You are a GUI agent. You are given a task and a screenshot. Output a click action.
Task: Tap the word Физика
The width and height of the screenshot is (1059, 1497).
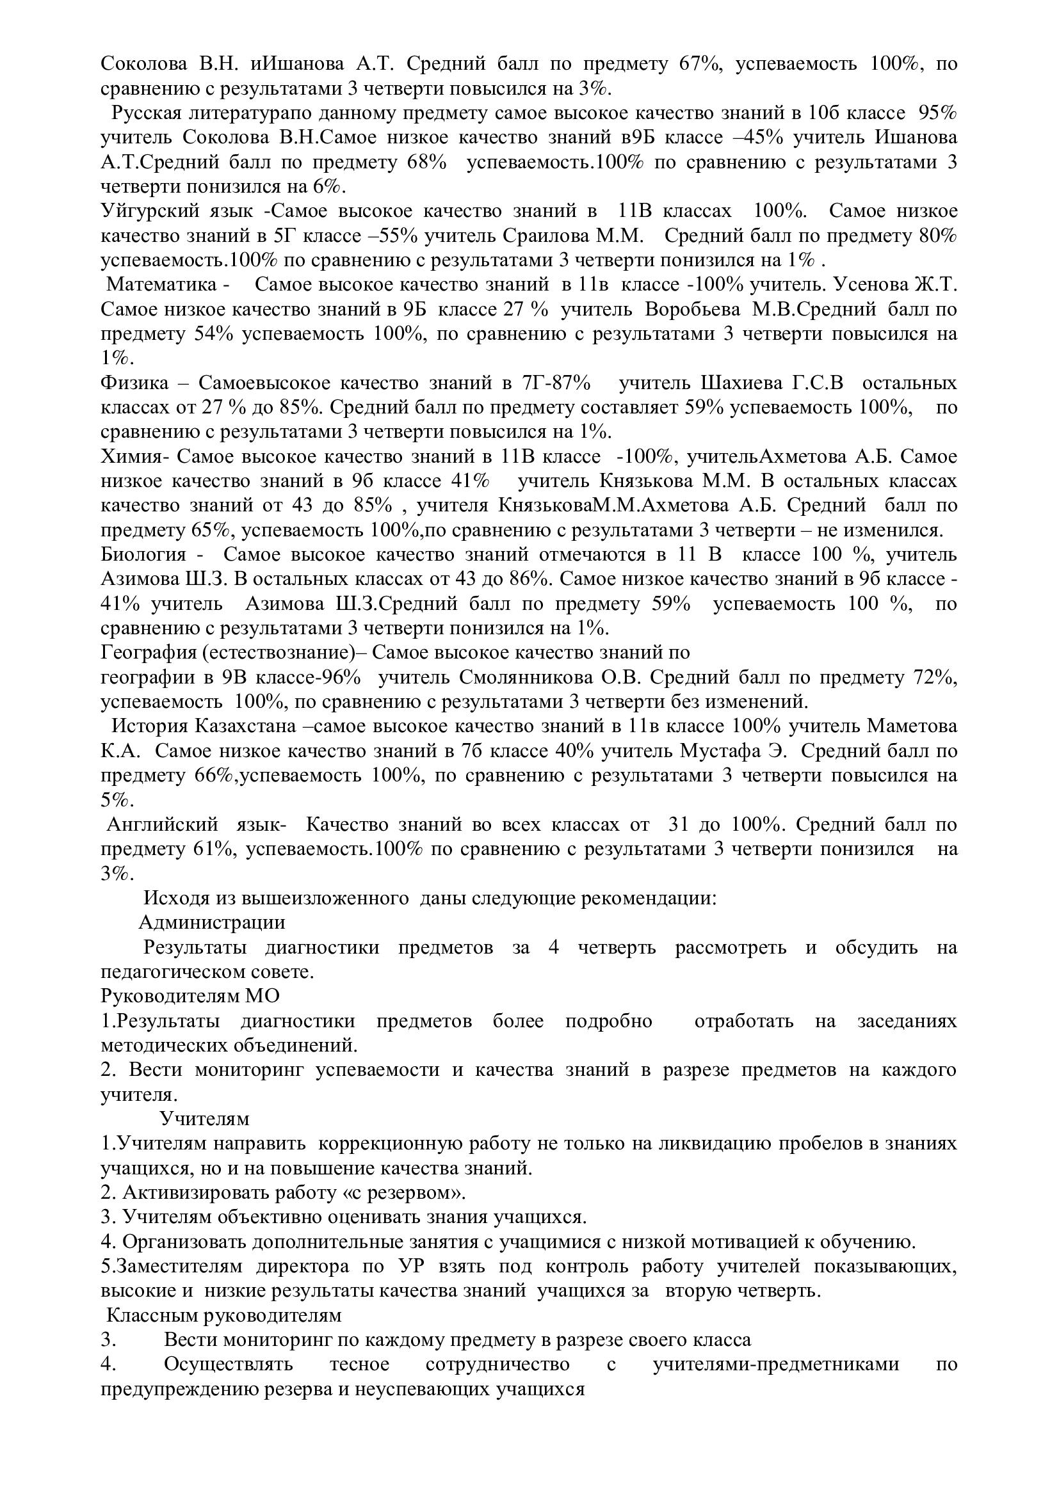tap(134, 383)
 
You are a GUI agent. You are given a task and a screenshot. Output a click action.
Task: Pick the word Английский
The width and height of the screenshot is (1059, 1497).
tap(163, 825)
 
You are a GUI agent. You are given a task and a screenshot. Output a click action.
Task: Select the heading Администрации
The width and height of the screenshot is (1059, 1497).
tap(212, 923)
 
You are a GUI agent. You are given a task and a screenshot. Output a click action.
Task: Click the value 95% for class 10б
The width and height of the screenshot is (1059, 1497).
tap(938, 113)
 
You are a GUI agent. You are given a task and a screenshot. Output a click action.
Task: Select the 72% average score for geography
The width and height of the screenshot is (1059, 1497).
tap(936, 677)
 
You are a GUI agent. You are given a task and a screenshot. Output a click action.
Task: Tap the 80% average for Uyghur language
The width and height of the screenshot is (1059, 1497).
tap(938, 236)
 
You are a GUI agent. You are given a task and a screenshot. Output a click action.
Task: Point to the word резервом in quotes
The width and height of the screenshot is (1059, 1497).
tap(413, 1193)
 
